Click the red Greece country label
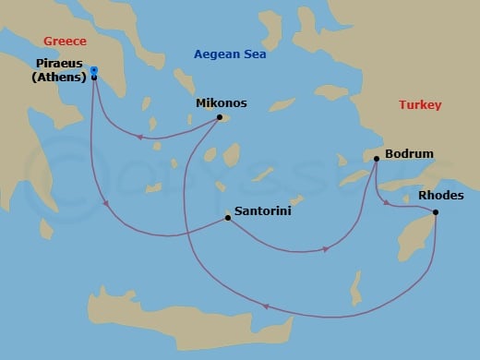(64, 42)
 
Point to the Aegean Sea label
(229, 54)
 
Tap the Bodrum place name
(408, 153)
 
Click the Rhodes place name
(436, 196)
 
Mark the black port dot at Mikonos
(219, 117)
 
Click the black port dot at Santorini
(227, 219)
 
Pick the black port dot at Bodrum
(377, 160)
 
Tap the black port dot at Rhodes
(435, 213)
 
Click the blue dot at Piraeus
(94, 69)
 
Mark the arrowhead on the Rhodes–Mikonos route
(265, 307)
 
